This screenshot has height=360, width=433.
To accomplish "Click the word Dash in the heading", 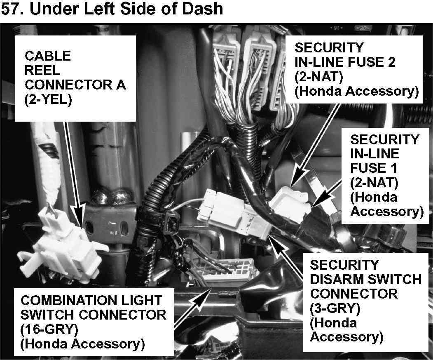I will point(201,8).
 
